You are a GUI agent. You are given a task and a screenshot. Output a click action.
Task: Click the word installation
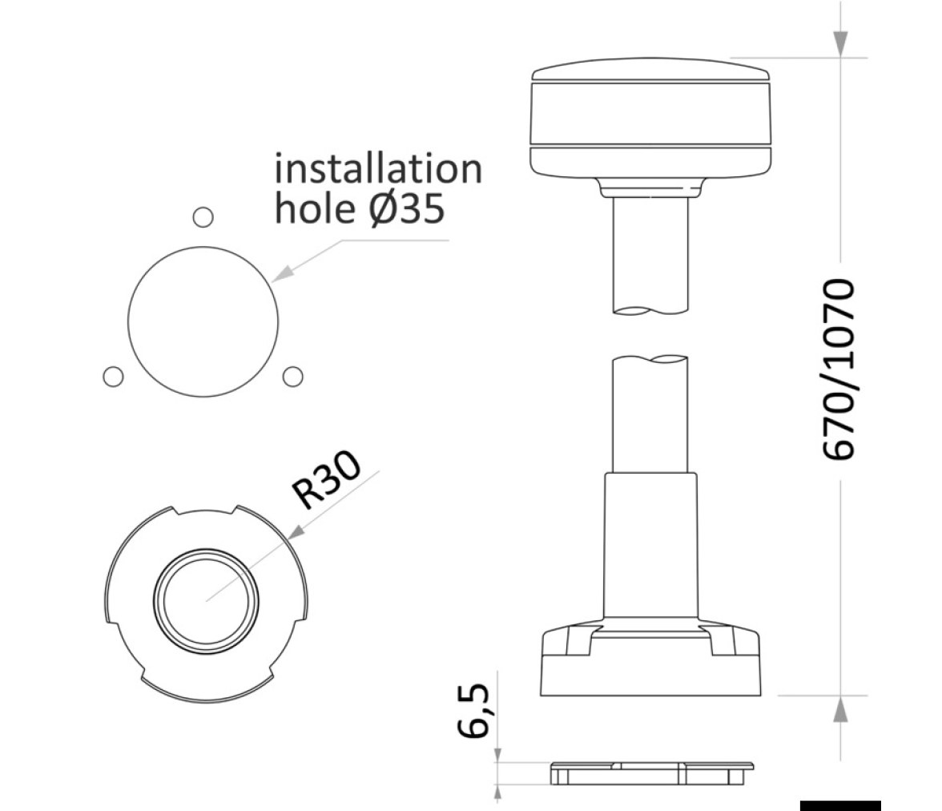[378, 169]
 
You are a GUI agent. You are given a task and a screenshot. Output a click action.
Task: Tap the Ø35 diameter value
[407, 208]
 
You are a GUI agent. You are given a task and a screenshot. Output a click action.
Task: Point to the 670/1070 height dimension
[838, 369]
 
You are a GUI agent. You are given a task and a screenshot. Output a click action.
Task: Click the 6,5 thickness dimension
[473, 709]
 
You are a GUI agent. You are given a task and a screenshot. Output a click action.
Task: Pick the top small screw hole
[203, 217]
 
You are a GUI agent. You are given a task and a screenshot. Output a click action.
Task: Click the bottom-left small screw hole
[113, 377]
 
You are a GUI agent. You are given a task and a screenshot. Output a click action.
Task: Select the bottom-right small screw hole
[292, 377]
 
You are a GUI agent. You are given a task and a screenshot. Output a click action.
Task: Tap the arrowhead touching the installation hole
[282, 273]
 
